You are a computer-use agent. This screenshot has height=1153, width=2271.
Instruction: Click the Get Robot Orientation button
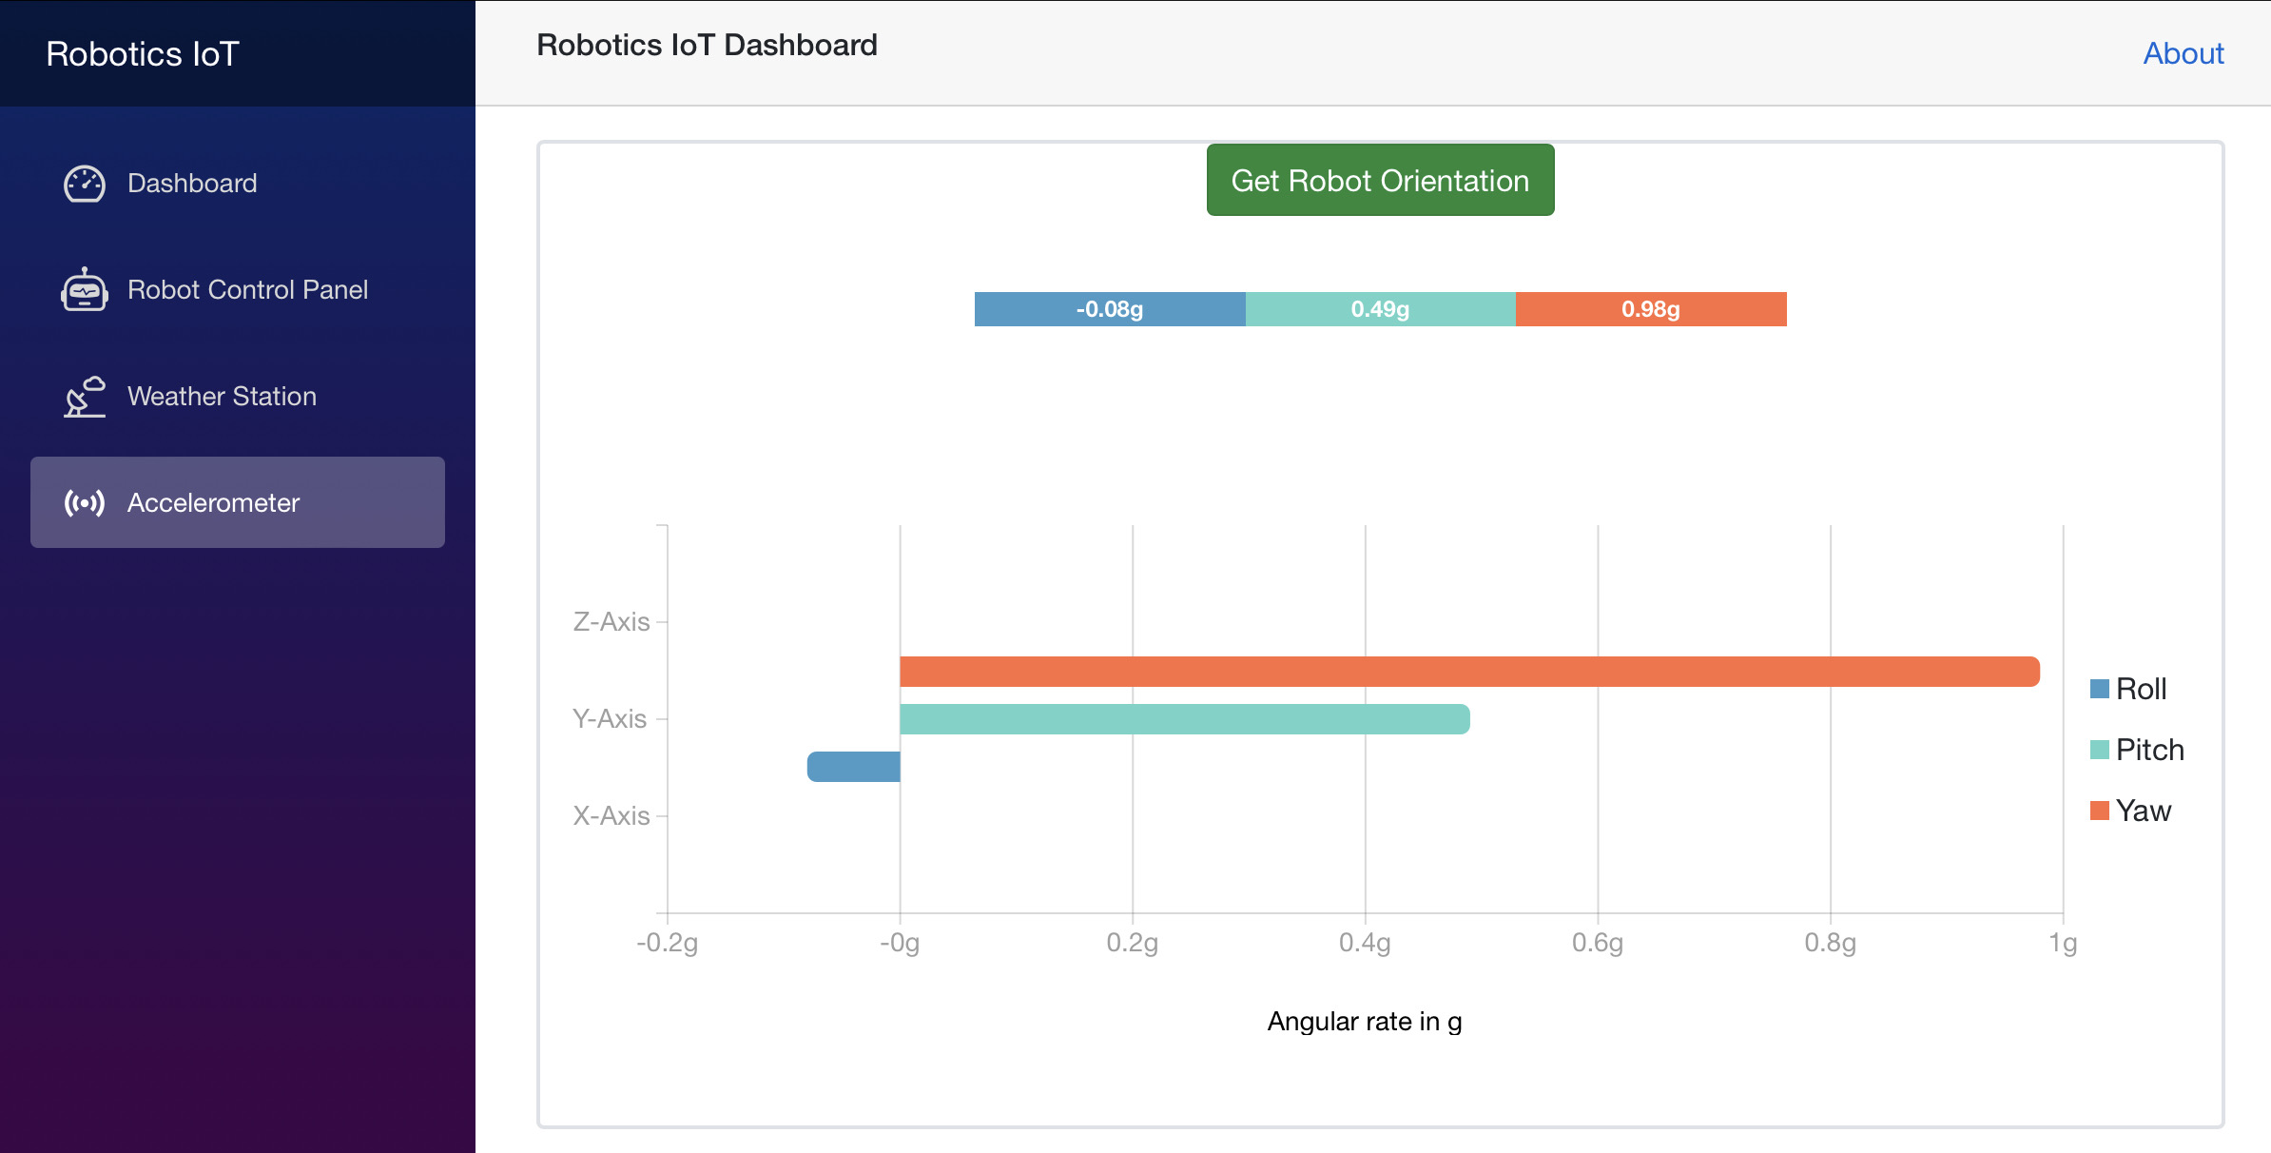click(1380, 181)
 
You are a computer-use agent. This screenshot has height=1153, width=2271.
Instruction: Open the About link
click(2183, 53)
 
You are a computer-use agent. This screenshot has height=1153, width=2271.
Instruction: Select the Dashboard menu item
click(192, 183)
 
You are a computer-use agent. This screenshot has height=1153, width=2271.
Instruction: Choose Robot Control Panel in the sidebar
click(247, 289)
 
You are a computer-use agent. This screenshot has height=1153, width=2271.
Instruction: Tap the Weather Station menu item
click(222, 396)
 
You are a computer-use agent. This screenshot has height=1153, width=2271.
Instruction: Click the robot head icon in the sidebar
click(85, 289)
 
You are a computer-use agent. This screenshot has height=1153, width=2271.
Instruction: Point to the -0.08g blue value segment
click(1109, 309)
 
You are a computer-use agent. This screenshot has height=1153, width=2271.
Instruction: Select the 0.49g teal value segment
click(1380, 309)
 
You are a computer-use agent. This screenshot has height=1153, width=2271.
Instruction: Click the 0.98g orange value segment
click(1650, 309)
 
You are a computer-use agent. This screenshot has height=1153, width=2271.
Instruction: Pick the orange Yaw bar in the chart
click(1469, 672)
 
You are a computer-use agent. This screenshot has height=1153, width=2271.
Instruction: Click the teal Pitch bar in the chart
click(1184, 719)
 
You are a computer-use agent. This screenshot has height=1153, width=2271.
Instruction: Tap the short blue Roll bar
click(854, 767)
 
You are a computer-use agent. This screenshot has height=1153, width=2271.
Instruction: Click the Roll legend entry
click(2129, 689)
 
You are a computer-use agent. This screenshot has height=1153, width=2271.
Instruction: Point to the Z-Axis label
click(611, 622)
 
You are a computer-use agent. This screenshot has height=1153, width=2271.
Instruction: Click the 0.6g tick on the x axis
click(1597, 943)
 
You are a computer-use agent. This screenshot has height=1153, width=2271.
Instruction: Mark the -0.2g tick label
click(667, 943)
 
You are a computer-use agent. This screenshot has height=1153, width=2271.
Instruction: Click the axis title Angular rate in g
click(1364, 1022)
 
